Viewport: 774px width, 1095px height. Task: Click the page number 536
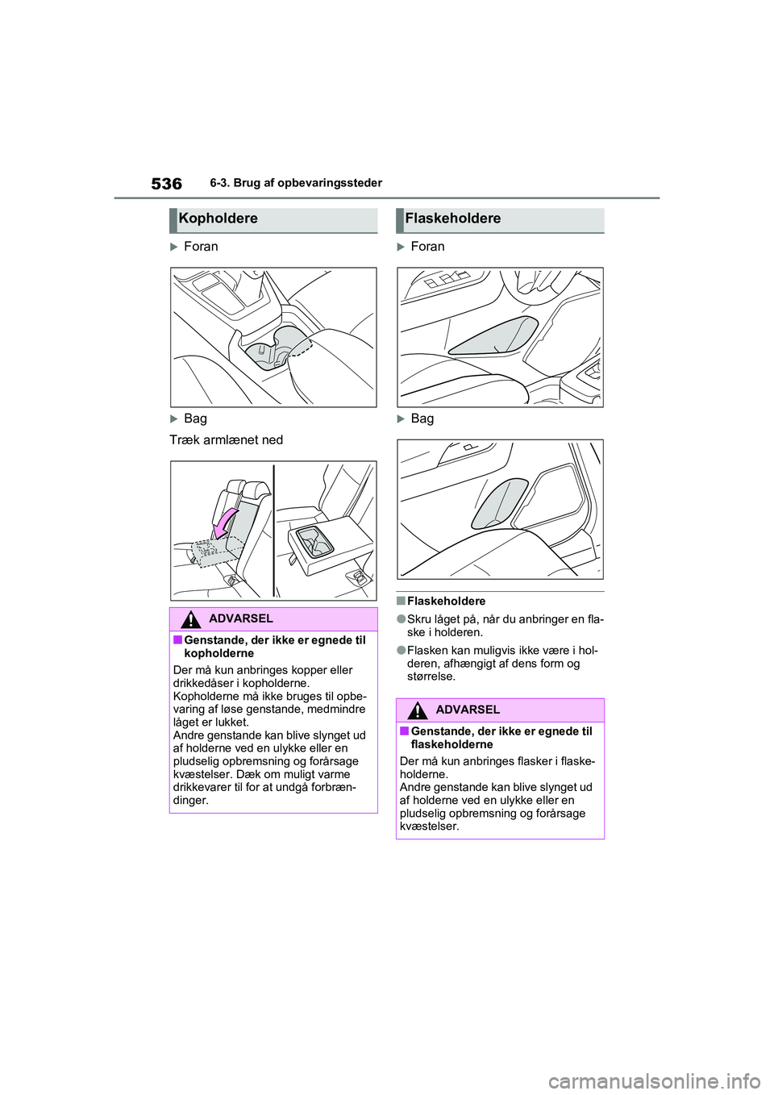point(166,184)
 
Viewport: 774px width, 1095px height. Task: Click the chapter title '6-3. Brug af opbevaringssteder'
point(296,183)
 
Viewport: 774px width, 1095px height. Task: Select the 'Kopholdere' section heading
point(218,219)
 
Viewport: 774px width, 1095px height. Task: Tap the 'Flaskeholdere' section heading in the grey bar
point(452,219)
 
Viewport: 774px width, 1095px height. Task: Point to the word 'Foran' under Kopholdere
point(201,247)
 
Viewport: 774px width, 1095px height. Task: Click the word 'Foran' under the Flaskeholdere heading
point(427,247)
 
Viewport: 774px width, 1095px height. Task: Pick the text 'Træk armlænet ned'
point(227,440)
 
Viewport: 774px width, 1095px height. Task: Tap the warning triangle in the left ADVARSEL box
point(191,619)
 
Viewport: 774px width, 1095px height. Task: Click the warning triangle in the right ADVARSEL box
point(418,710)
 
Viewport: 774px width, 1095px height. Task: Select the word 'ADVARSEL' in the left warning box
point(240,618)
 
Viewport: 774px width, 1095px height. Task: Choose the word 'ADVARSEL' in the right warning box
point(468,710)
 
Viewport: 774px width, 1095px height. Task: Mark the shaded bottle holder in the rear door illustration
point(500,503)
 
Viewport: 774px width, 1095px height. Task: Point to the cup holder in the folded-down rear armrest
point(315,540)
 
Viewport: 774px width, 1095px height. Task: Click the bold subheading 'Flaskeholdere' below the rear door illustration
point(446,602)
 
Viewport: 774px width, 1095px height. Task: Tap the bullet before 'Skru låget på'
point(400,620)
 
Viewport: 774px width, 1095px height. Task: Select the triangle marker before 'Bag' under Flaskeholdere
point(401,419)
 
